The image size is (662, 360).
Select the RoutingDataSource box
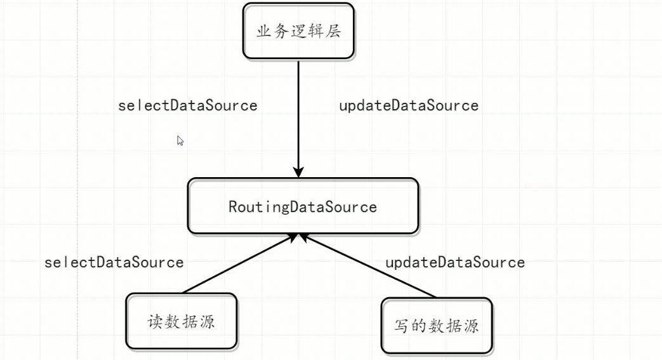(x=303, y=206)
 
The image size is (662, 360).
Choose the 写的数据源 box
(x=436, y=326)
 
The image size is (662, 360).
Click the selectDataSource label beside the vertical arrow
(x=188, y=105)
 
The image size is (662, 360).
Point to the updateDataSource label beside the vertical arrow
(x=409, y=105)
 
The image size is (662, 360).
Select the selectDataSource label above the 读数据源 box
(x=114, y=262)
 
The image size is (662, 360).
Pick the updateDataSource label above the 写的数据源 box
(x=455, y=262)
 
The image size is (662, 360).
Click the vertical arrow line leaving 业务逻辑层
(x=298, y=114)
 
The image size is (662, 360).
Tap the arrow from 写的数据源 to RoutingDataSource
(x=368, y=265)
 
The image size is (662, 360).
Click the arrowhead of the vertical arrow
(x=298, y=172)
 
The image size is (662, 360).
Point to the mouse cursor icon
(x=180, y=141)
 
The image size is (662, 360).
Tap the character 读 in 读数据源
(x=156, y=321)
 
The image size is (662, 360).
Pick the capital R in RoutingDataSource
(x=232, y=207)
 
